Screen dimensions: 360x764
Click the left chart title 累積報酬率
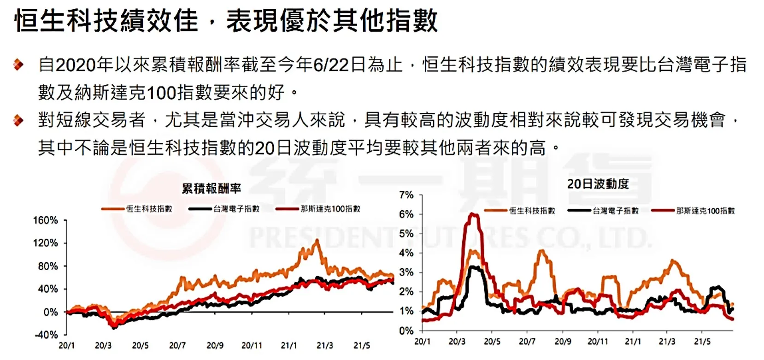pyautogui.click(x=211, y=188)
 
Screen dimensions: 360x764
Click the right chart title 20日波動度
pyautogui.click(x=598, y=184)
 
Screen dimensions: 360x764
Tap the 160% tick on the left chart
pyautogui.click(x=46, y=220)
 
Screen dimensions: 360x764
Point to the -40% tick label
pyautogui.click(x=47, y=335)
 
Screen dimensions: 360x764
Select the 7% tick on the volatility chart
pyautogui.click(x=406, y=195)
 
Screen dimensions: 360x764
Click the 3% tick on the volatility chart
pyautogui.click(x=406, y=272)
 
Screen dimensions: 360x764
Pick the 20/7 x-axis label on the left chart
pyautogui.click(x=177, y=345)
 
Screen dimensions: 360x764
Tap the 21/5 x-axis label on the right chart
pyautogui.click(x=702, y=341)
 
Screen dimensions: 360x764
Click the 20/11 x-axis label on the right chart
pyautogui.click(x=598, y=341)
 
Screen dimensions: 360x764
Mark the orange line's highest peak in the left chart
pyautogui.click(x=317, y=241)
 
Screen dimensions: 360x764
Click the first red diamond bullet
pyautogui.click(x=18, y=65)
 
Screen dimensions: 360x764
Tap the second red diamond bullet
pyautogui.click(x=18, y=120)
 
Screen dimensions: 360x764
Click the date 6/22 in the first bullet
pyautogui.click(x=331, y=65)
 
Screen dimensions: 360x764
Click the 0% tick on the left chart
pyautogui.click(x=50, y=312)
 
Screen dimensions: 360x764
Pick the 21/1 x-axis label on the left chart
pyautogui.click(x=289, y=345)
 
